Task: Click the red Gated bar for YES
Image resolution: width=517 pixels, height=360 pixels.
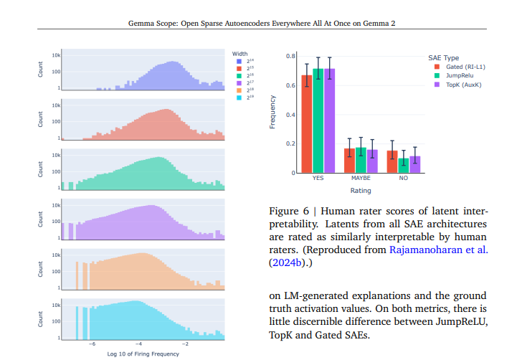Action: click(306, 125)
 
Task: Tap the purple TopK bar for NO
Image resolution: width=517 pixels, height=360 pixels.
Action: click(414, 165)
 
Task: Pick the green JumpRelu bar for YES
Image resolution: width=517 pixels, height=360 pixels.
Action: click(318, 122)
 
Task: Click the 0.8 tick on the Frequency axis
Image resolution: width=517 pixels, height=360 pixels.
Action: click(290, 56)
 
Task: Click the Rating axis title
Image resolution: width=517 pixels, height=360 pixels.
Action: click(360, 191)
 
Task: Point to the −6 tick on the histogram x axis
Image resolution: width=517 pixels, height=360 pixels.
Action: click(92, 344)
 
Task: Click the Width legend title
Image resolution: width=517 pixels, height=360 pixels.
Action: click(239, 53)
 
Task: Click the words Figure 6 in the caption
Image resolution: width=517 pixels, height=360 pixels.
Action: click(288, 212)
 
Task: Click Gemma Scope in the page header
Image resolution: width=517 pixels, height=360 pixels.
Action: click(151, 22)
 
